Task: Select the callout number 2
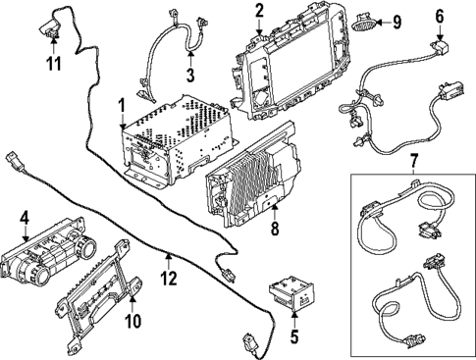pos(259,11)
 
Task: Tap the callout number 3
pos(190,74)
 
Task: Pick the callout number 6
pos(439,16)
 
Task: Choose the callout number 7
pos(413,160)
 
